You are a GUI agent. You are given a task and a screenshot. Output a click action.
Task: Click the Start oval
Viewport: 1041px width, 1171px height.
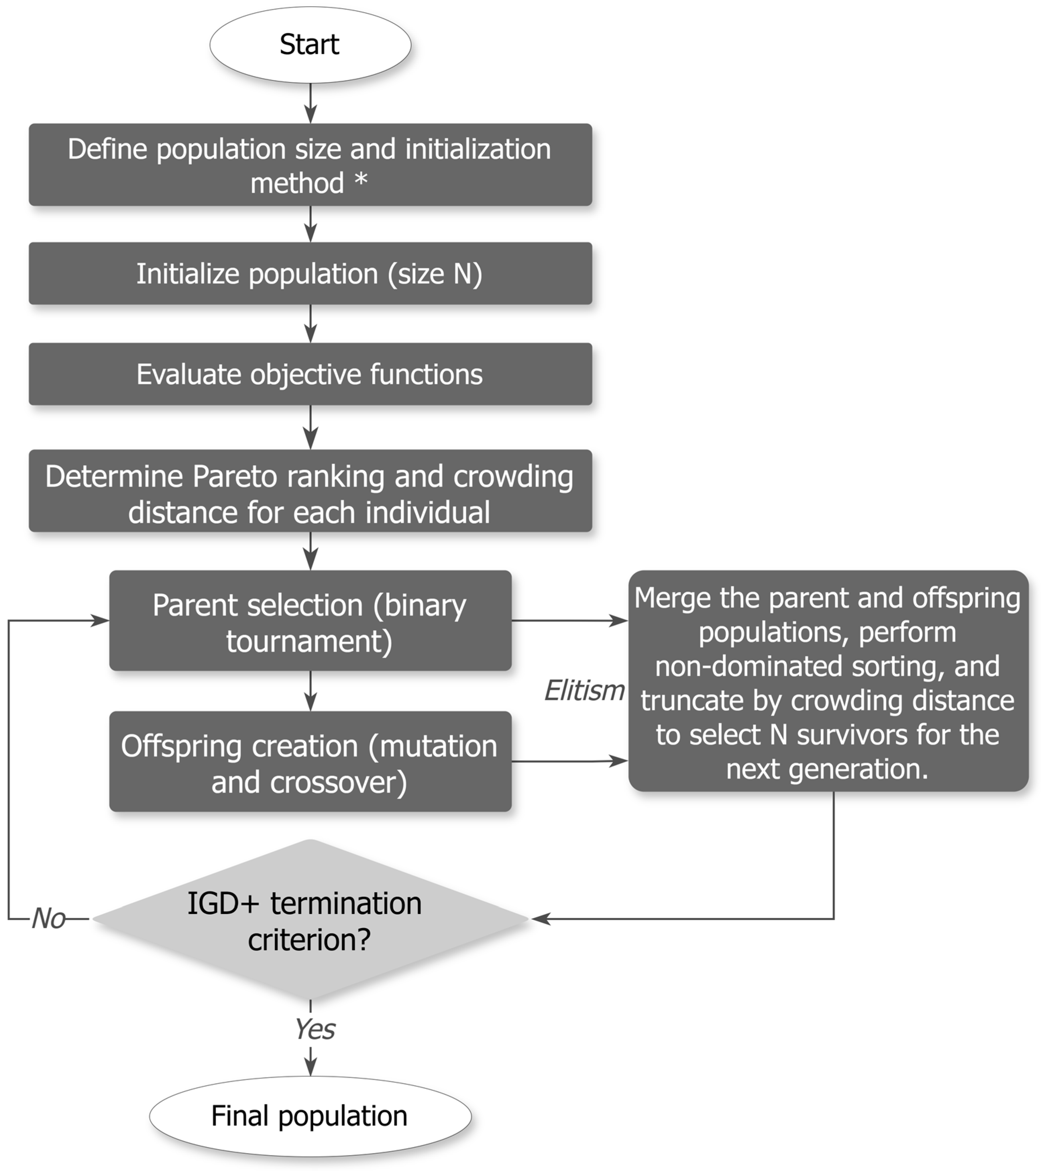(x=310, y=45)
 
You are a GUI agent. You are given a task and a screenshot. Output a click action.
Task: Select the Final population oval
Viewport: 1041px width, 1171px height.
(x=310, y=1115)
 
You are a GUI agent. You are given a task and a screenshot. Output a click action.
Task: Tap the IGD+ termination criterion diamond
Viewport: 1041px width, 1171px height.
(x=310, y=919)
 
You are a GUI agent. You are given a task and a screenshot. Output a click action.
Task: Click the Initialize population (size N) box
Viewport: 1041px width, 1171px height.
(x=310, y=273)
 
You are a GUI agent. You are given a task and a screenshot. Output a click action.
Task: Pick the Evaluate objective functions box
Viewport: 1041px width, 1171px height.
(x=310, y=374)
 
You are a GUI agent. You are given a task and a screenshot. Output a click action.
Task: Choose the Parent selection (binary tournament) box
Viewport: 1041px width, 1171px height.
(x=310, y=620)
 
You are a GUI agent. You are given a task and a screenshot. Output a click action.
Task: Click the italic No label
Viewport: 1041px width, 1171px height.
(x=48, y=919)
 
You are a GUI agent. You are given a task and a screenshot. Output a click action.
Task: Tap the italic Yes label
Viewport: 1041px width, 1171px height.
(x=314, y=1029)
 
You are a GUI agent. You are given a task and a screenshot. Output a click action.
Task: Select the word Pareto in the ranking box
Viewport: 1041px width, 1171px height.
(x=235, y=477)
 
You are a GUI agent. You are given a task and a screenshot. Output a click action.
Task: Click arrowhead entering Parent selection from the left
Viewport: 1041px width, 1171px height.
(x=101, y=620)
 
